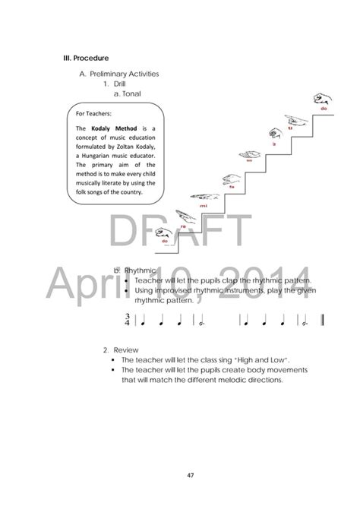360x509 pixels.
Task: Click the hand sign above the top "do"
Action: point(320,99)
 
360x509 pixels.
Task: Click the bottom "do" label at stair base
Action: point(164,241)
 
